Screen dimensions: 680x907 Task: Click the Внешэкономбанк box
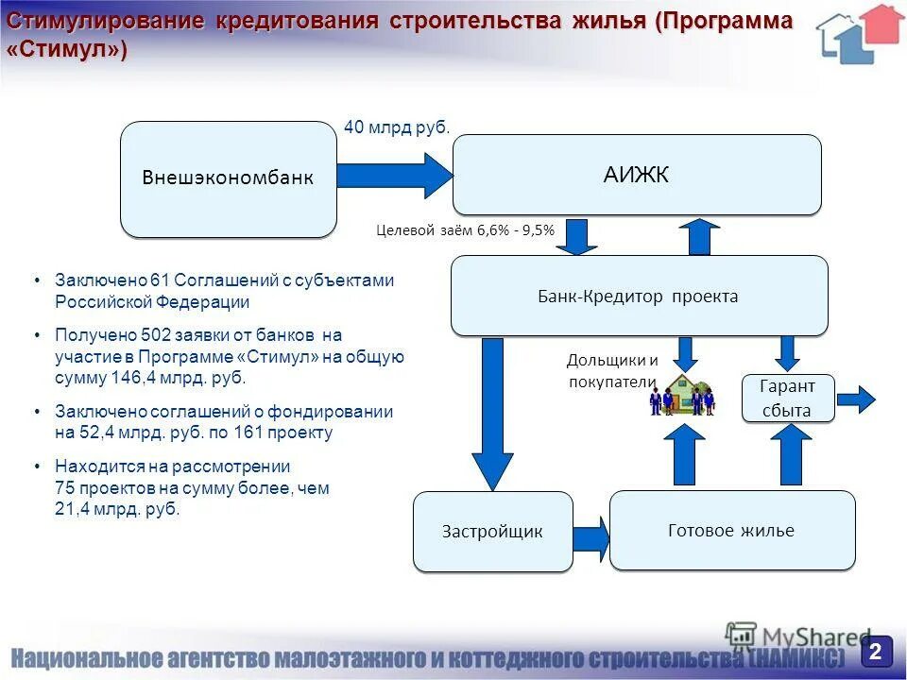click(x=228, y=178)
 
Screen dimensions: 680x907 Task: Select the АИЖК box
click(x=637, y=175)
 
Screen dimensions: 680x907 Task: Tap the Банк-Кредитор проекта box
click(x=639, y=296)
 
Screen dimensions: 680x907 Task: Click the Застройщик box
click(x=492, y=531)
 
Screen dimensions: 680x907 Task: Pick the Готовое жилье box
click(x=731, y=530)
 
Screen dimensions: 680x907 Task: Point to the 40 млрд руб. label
click(x=397, y=127)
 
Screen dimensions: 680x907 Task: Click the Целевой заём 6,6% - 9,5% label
click(x=465, y=229)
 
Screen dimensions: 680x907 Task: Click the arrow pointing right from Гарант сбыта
click(x=856, y=399)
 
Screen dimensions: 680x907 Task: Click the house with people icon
click(x=682, y=395)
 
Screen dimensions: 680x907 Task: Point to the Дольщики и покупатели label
click(x=611, y=371)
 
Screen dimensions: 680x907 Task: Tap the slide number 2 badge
click(x=876, y=651)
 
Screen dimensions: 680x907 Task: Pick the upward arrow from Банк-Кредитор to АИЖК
click(x=699, y=236)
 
